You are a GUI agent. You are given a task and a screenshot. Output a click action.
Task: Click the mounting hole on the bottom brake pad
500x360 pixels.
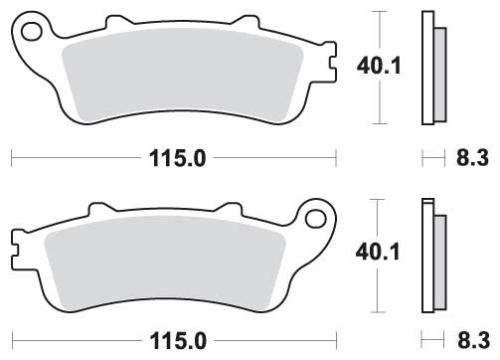(x=317, y=217)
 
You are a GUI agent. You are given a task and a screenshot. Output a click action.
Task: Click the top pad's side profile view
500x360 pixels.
(x=430, y=68)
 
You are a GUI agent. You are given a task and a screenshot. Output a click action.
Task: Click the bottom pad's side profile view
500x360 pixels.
(x=430, y=257)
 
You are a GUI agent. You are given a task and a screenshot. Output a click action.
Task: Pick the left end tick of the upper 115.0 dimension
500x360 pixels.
(x=11, y=156)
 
